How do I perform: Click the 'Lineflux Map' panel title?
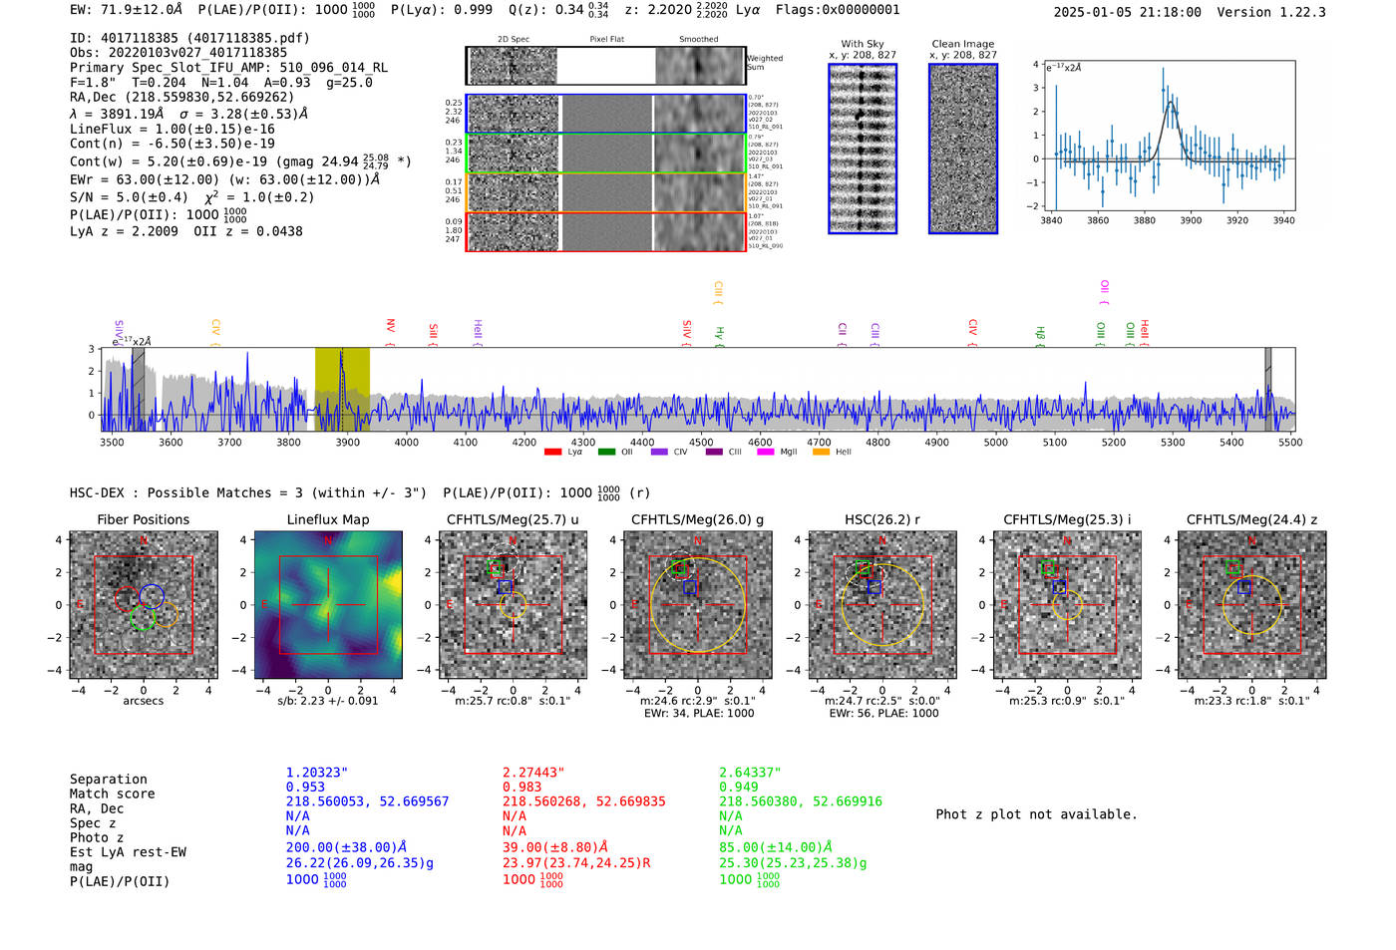pyautogui.click(x=327, y=519)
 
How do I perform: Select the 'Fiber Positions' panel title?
pyautogui.click(x=143, y=519)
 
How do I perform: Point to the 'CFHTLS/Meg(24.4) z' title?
pyautogui.click(x=1251, y=519)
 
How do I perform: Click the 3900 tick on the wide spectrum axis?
pyautogui.click(x=347, y=442)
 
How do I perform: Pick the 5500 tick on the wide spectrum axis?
pyautogui.click(x=1290, y=442)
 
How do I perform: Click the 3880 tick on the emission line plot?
pyautogui.click(x=1144, y=220)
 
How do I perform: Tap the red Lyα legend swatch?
pyautogui.click(x=552, y=453)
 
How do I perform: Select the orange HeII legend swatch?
pyautogui.click(x=821, y=453)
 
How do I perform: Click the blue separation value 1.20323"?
pyautogui.click(x=316, y=773)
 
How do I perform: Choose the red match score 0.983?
pyautogui.click(x=522, y=787)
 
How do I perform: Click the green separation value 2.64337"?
pyautogui.click(x=750, y=773)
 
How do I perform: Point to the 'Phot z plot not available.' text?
pyautogui.click(x=1036, y=814)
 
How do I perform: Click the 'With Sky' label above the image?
pyautogui.click(x=863, y=44)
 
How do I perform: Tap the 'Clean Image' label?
pyautogui.click(x=962, y=44)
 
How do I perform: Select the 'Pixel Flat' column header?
pyautogui.click(x=606, y=40)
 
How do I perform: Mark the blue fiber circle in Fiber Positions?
pyautogui.click(x=152, y=596)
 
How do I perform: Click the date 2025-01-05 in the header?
pyautogui.click(x=1093, y=12)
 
